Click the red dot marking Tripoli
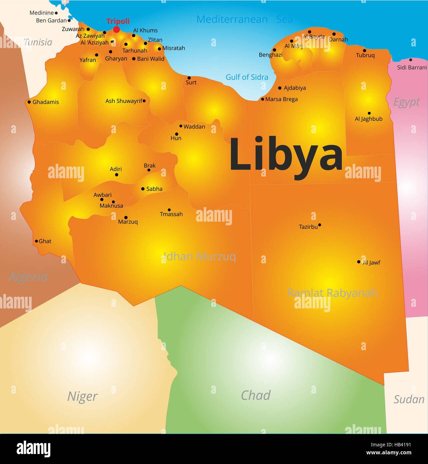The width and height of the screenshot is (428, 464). pos(116,29)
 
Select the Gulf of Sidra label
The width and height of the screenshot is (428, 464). pos(247,77)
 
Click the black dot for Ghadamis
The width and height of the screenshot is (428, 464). pos(29,102)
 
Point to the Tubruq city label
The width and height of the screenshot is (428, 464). pos(365,55)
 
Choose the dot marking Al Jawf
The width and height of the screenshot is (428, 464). pos(359,262)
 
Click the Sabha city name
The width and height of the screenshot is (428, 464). pos(154,189)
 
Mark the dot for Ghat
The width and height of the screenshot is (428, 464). pos(36,241)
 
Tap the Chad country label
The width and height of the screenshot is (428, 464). pos(256,395)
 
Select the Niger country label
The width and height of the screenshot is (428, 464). pos(82,396)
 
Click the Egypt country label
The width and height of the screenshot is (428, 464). pos(406,102)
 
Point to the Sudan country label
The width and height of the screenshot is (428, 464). pos(409,399)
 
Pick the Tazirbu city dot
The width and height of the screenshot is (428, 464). pos(319,225)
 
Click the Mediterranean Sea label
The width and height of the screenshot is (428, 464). pos(245,19)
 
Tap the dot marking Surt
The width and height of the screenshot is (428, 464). pos(189,78)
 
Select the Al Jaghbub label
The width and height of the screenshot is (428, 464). pos(368,119)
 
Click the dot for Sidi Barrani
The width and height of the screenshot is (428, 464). pos(411,60)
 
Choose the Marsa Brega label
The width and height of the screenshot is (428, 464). pos(281,99)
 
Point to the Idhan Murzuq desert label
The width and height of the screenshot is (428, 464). pos(200,256)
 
